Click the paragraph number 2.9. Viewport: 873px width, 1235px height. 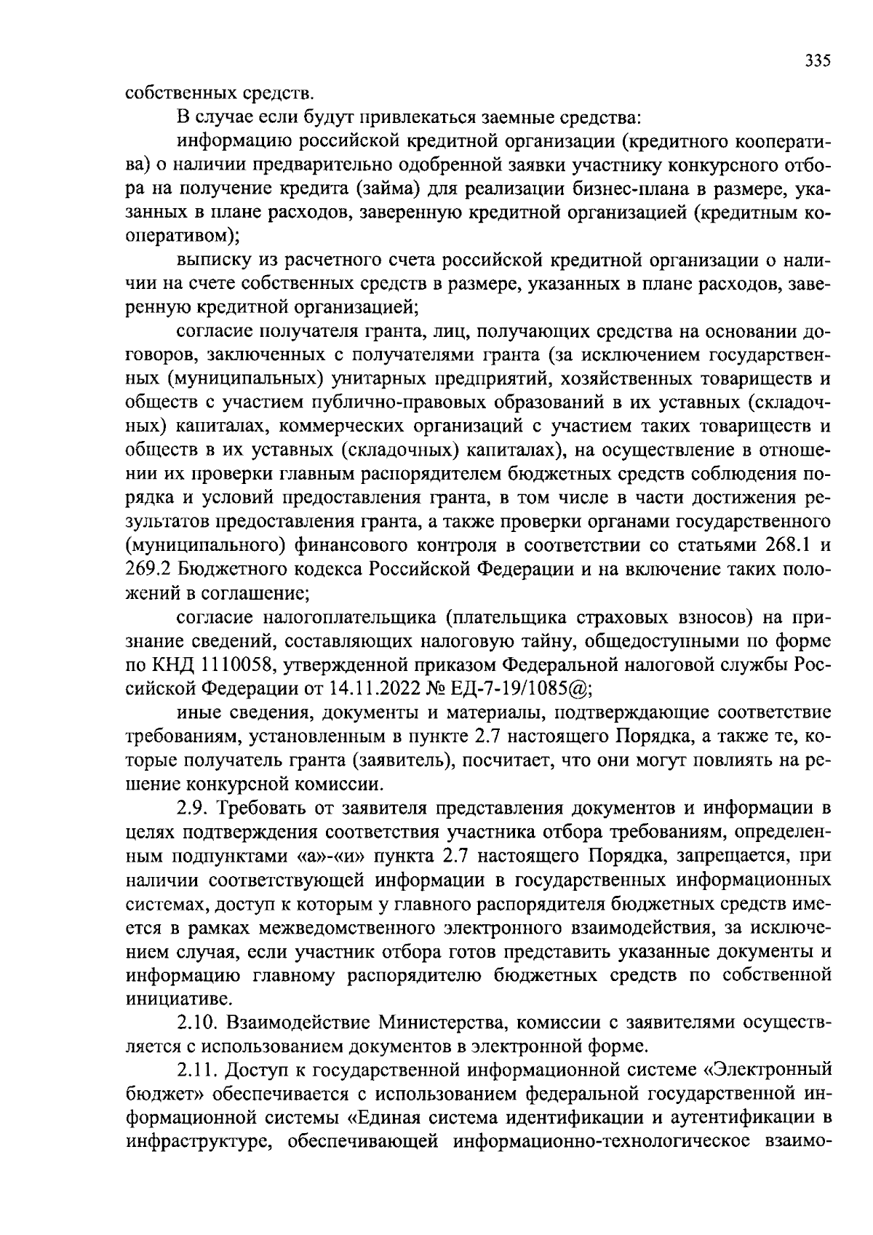[x=192, y=809]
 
